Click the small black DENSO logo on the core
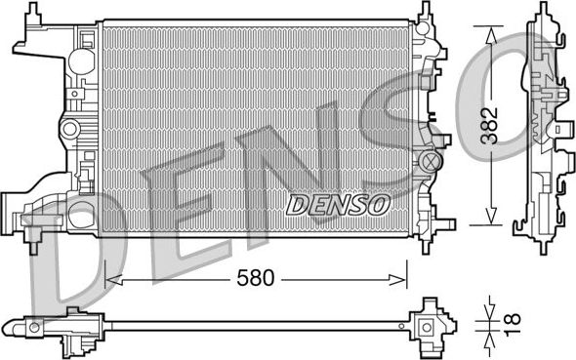(338, 204)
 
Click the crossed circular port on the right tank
(432, 159)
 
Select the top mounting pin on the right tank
(427, 12)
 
